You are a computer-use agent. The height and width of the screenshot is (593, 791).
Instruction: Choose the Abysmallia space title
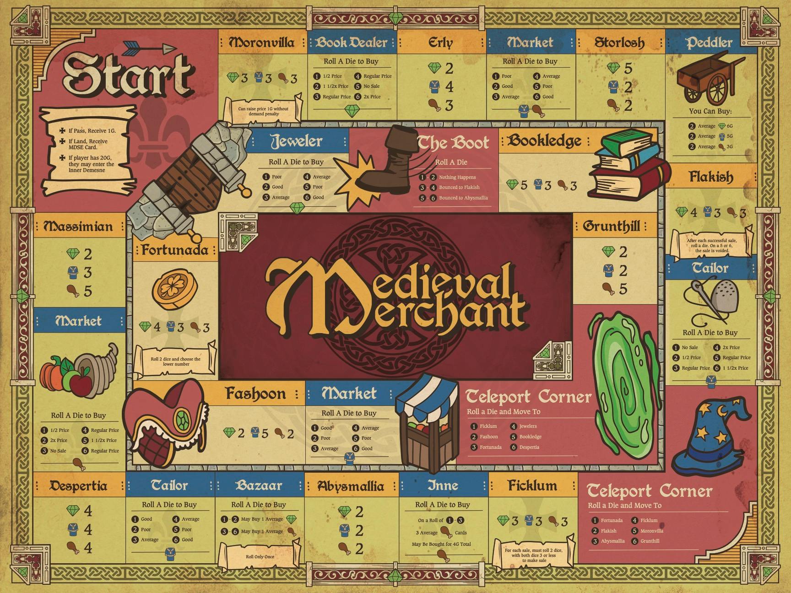point(351,485)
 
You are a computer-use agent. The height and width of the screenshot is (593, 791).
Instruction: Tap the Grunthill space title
point(612,226)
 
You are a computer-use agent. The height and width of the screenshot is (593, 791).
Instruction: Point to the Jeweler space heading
point(297,141)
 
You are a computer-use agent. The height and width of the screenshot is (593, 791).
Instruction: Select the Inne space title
point(442,485)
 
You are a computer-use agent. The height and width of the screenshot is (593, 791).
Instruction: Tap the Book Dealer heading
point(352,43)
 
